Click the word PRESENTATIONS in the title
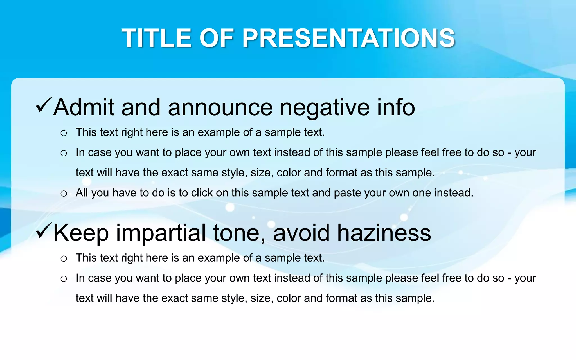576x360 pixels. [x=348, y=38]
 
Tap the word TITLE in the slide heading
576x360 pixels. [x=157, y=38]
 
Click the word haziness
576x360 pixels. [x=384, y=233]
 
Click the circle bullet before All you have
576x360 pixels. [x=64, y=193]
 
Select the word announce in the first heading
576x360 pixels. [x=220, y=108]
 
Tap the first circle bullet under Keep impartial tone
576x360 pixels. [x=64, y=258]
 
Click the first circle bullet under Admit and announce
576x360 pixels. [x=64, y=133]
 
